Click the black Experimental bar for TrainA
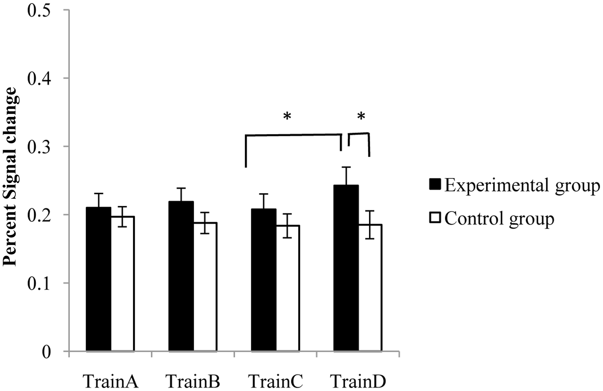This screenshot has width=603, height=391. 99,279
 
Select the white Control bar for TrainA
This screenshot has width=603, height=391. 123,284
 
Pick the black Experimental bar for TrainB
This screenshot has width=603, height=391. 181,276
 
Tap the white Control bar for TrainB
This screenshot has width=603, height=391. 205,286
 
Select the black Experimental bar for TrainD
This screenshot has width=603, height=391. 346,269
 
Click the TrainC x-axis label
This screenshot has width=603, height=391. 276,381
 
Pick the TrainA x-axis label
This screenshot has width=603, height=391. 111,381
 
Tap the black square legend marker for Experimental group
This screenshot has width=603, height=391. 435,184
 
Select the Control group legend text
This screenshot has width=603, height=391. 499,219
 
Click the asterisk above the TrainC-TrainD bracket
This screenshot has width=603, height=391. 287,117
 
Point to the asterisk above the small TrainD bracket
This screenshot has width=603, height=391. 361,117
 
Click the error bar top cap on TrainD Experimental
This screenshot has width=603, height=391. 346,167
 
